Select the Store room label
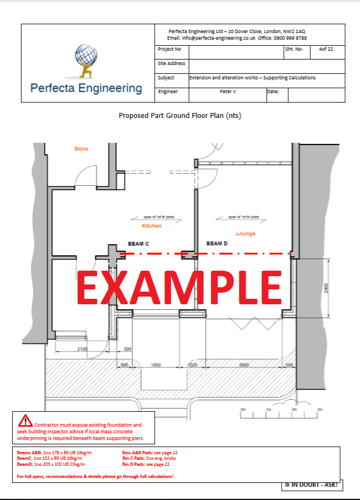(x=81, y=149)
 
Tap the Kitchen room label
(x=152, y=227)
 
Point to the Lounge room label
(x=245, y=234)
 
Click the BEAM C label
(x=138, y=243)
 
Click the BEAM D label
(x=217, y=243)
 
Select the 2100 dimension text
(x=82, y=349)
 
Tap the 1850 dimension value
(x=156, y=365)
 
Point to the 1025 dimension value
(x=192, y=365)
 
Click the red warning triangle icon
(x=25, y=421)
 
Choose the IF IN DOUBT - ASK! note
(x=311, y=486)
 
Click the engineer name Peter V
(x=227, y=92)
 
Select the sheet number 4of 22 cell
(x=322, y=49)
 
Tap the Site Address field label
(x=171, y=63)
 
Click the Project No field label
(x=169, y=49)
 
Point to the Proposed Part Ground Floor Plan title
(x=180, y=116)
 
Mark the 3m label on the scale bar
(x=319, y=410)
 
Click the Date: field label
(x=273, y=92)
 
